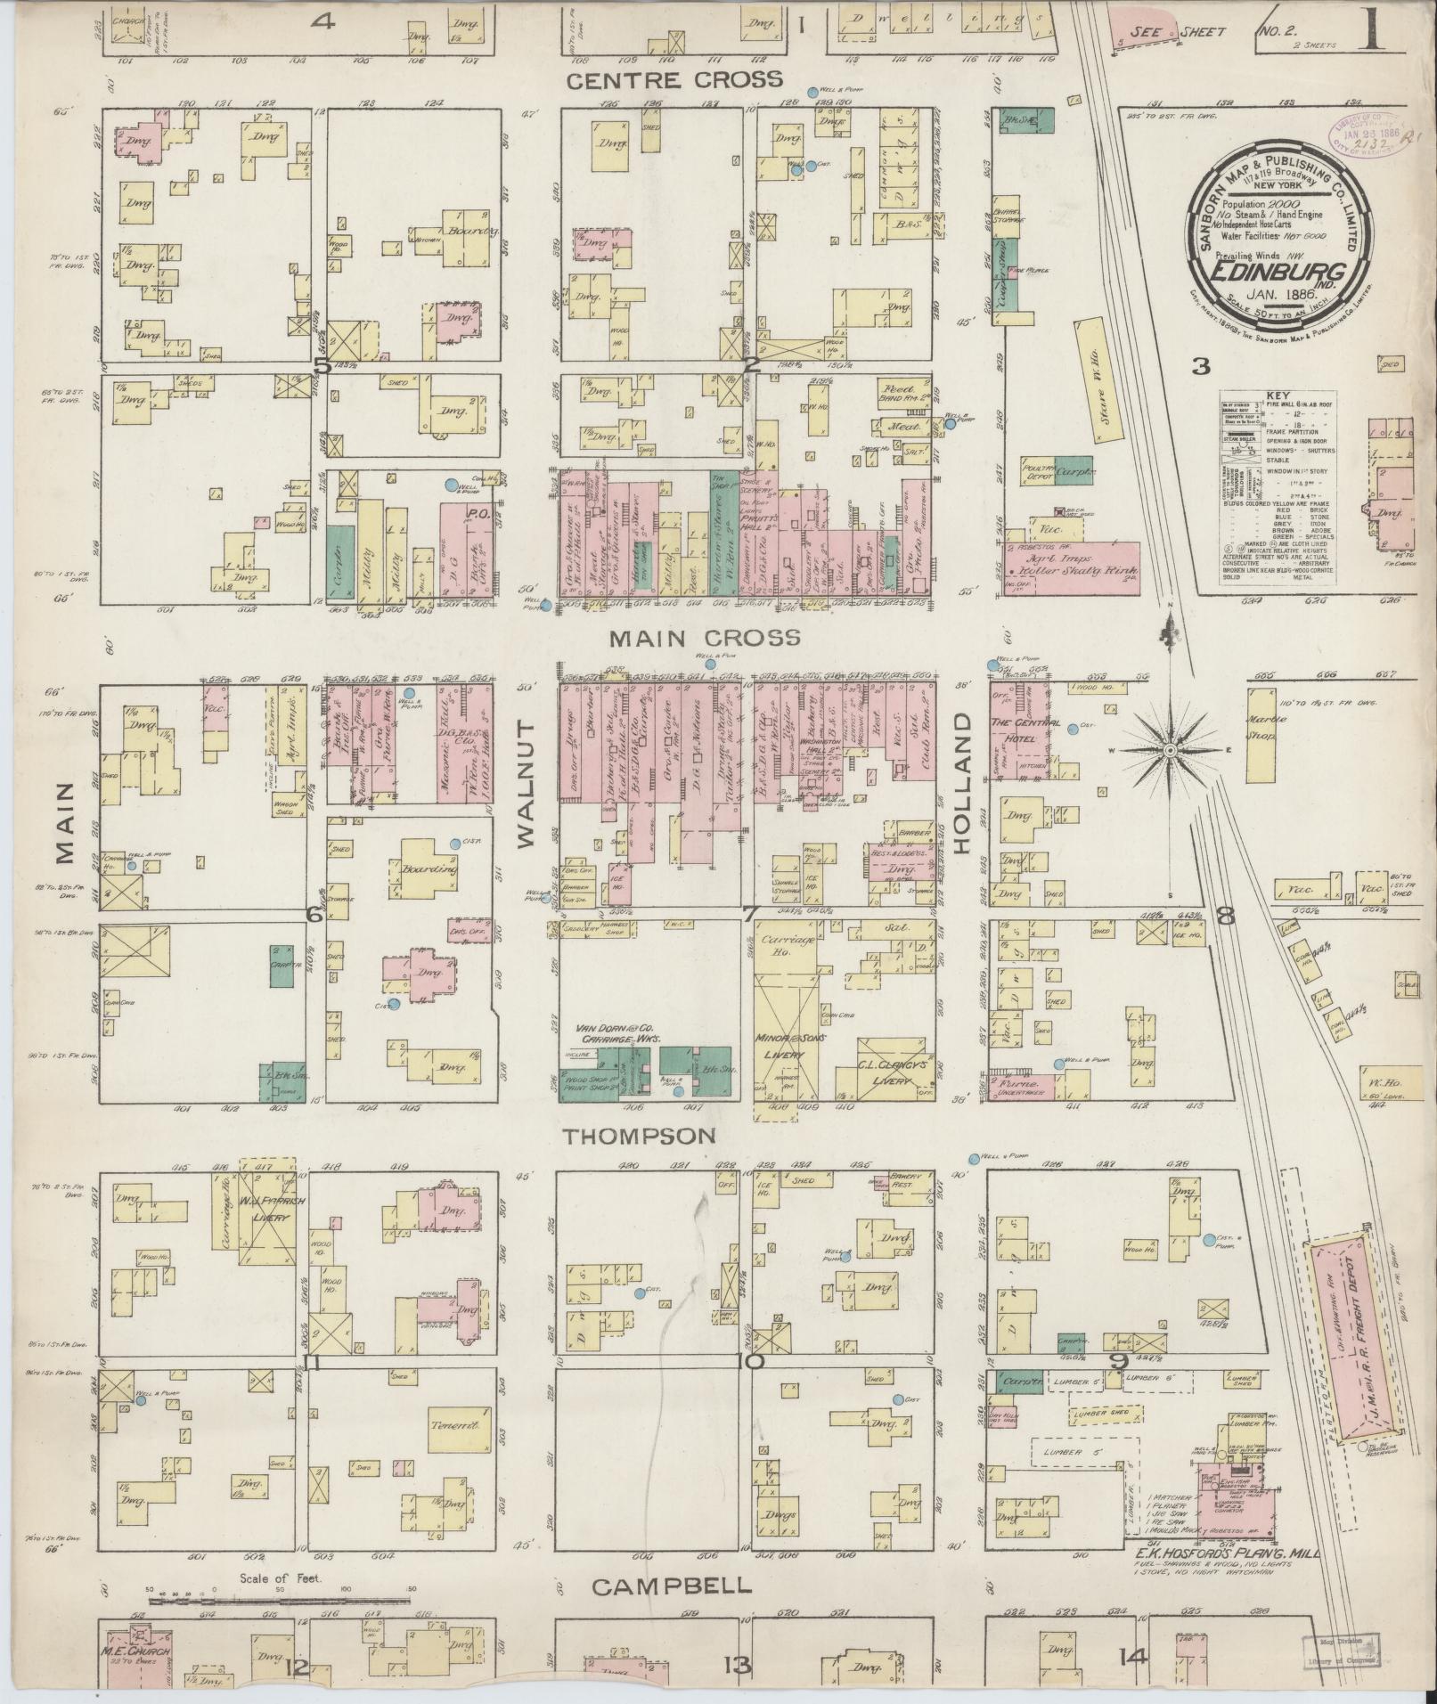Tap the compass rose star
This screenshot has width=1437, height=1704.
point(1168,752)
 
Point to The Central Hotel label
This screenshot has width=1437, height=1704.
point(1022,728)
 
